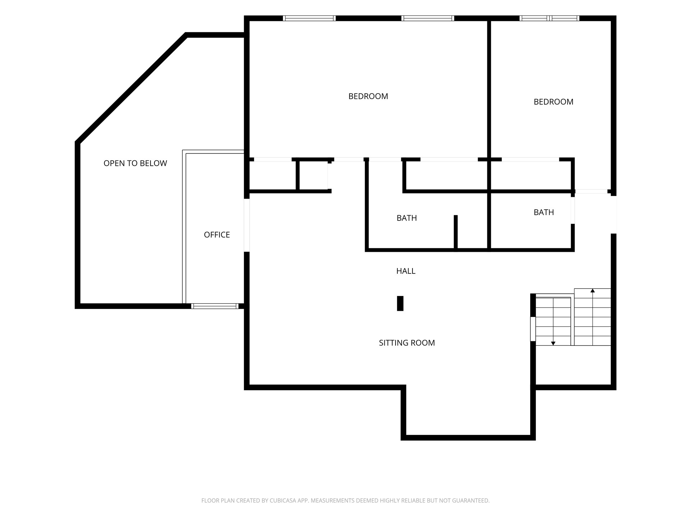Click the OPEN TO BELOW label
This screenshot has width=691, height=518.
(135, 163)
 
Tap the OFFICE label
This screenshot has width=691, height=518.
(217, 235)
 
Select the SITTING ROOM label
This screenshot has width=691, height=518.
(407, 343)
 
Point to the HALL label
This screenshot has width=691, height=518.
(406, 271)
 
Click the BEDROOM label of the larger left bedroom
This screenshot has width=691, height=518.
(368, 96)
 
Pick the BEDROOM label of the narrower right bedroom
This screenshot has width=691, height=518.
(553, 102)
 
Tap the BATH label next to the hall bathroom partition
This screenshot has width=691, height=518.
(407, 218)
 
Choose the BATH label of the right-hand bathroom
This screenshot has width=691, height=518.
(543, 212)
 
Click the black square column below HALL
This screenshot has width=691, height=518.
(400, 303)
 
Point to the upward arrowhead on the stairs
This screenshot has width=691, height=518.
(592, 291)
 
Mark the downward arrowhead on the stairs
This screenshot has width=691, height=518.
(553, 344)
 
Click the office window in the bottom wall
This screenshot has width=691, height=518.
(214, 306)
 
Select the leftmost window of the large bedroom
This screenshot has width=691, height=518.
(309, 18)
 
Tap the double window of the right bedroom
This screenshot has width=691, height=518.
(550, 18)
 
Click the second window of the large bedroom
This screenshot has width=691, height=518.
(428, 18)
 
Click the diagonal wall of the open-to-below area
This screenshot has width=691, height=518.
(131, 88)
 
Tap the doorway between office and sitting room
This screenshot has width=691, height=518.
(247, 225)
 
